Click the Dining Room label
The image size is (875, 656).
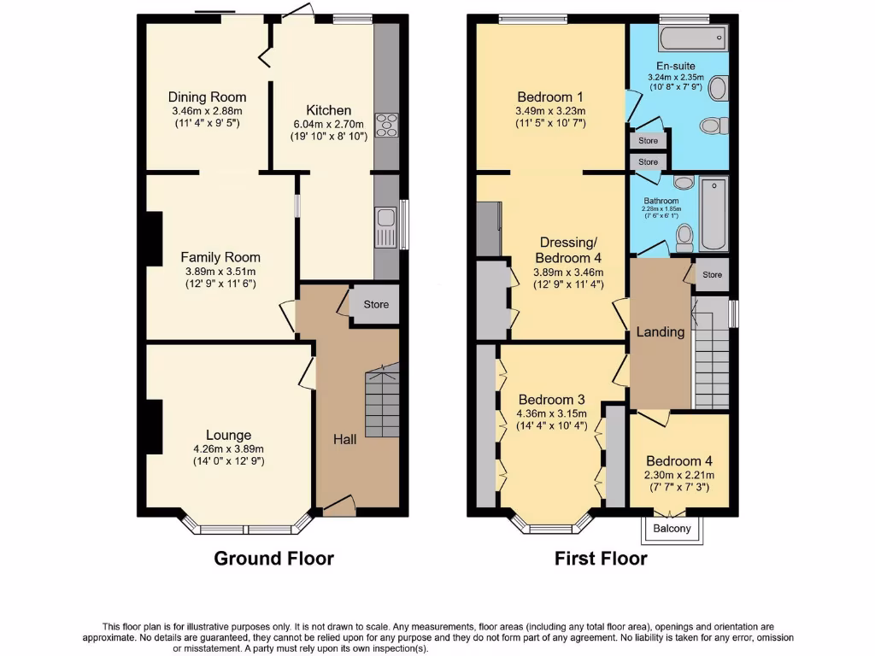207,97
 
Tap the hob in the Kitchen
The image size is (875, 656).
386,125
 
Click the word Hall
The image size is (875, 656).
345,439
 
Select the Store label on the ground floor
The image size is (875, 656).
376,304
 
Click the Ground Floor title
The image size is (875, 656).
273,559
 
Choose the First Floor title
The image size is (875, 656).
601,559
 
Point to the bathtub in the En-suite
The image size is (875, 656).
692,38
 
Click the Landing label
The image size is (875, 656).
661,331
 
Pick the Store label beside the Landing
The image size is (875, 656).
712,275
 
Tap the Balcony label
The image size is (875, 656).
672,529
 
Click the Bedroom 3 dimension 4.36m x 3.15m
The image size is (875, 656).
551,415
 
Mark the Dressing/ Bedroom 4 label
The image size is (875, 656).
562,249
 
